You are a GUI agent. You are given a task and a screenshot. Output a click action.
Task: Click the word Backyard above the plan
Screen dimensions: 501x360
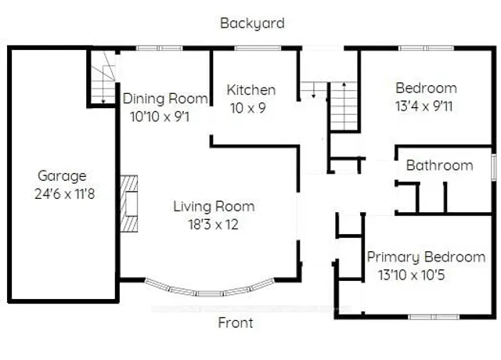click(252, 23)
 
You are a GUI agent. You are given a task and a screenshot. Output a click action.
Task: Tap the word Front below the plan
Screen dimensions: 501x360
click(236, 322)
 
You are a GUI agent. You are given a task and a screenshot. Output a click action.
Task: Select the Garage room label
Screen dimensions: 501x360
click(62, 176)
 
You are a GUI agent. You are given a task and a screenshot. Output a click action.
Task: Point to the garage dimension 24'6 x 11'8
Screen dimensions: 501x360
click(64, 194)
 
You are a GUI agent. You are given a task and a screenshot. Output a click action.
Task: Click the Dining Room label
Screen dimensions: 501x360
click(165, 99)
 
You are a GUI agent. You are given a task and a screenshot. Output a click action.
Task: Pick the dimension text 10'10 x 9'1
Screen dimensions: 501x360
click(160, 117)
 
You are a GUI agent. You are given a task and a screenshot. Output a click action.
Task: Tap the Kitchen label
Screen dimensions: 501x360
click(251, 90)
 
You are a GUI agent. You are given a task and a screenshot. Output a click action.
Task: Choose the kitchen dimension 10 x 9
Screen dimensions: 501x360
click(248, 108)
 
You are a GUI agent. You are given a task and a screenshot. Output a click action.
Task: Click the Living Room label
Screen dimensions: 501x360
click(214, 207)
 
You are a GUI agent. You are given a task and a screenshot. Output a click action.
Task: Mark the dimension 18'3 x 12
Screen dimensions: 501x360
click(213, 225)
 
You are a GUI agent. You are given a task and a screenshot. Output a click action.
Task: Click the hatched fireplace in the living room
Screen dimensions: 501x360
click(129, 203)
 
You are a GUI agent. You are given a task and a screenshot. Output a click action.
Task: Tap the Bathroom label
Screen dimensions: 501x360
click(439, 165)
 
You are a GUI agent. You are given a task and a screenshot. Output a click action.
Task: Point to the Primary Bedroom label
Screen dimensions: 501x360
click(426, 257)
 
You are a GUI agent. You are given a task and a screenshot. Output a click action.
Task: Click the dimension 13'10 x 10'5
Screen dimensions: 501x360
click(412, 275)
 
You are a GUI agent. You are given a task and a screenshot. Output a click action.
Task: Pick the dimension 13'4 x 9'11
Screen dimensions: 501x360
click(424, 106)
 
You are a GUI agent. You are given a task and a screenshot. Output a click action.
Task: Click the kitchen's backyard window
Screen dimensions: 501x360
click(258, 49)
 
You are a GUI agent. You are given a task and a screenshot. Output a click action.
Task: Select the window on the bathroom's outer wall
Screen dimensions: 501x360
click(494, 166)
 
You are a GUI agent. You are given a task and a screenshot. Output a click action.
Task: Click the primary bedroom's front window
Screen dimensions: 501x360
click(434, 317)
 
